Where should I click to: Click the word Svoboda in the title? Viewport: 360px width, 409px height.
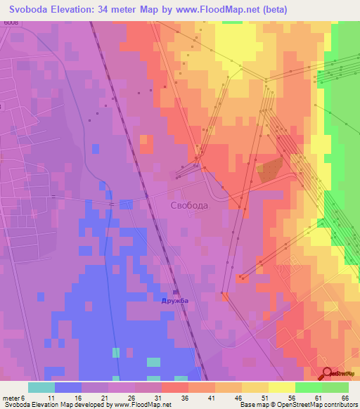pyautogui.click(x=33, y=9)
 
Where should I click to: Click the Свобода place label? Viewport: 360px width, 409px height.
pyautogui.click(x=189, y=205)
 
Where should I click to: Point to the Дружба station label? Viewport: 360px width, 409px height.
pyautogui.click(x=174, y=301)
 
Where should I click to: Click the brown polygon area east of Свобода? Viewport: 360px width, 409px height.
pyautogui.click(x=271, y=169)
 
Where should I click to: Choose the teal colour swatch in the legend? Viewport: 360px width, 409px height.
pyautogui.click(x=41, y=387)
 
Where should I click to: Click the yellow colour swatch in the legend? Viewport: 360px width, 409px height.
pyautogui.click(x=281, y=387)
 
